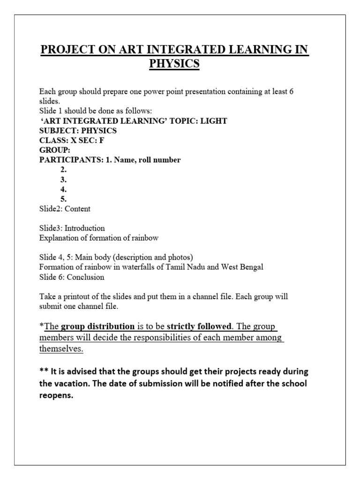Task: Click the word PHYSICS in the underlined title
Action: (174, 64)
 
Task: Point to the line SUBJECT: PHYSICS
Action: (78, 130)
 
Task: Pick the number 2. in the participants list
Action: (63, 170)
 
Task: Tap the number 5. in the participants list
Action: (63, 199)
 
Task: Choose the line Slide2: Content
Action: (65, 209)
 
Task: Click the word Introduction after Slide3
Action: (85, 228)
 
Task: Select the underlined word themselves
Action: (62, 349)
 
